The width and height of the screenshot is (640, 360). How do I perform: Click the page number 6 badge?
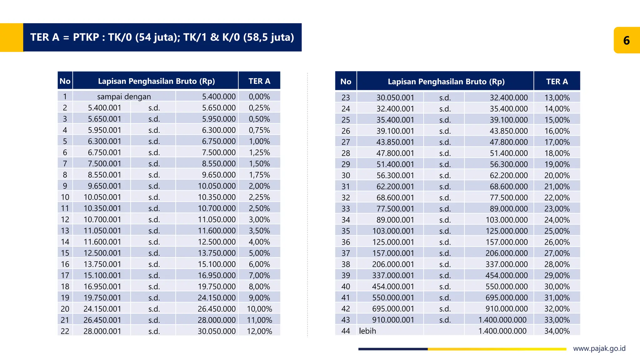coord(627,40)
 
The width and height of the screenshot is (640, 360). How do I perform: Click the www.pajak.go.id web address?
coord(599,348)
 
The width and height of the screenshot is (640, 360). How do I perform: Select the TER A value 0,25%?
coord(259,108)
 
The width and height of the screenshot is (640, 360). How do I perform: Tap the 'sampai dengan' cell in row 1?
coord(124,97)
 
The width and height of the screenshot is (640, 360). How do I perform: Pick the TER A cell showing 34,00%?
coord(557,331)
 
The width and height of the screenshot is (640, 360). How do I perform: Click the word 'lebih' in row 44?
coord(367,331)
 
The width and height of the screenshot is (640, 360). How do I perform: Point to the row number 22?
coord(65,331)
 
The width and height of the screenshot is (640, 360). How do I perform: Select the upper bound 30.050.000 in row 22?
coord(217,331)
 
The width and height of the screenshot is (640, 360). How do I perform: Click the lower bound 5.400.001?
coord(104,108)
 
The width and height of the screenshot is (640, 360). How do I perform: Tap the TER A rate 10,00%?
coord(259,309)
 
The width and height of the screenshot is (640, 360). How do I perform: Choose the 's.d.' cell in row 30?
coord(445,176)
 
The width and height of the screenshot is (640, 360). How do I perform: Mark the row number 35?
coord(346,231)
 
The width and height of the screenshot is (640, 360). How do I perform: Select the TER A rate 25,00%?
coord(557,231)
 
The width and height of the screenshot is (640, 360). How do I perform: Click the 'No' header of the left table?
coord(65,81)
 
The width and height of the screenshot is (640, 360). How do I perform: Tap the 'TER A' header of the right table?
coord(557,82)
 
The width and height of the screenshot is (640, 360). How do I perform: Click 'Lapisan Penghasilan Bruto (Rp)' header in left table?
coord(156,81)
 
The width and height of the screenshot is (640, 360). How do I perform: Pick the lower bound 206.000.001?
coord(393,264)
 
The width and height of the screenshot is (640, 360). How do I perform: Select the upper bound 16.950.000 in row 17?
coord(217,275)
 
